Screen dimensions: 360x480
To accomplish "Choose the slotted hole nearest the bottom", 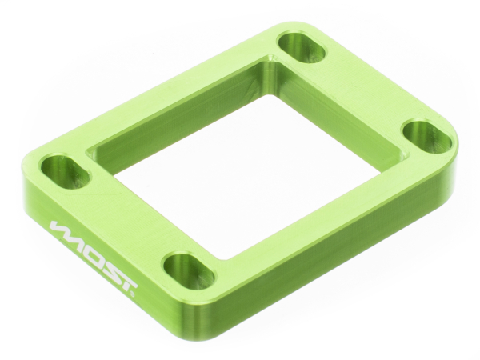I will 189,270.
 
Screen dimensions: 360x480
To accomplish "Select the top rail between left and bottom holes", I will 120,216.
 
